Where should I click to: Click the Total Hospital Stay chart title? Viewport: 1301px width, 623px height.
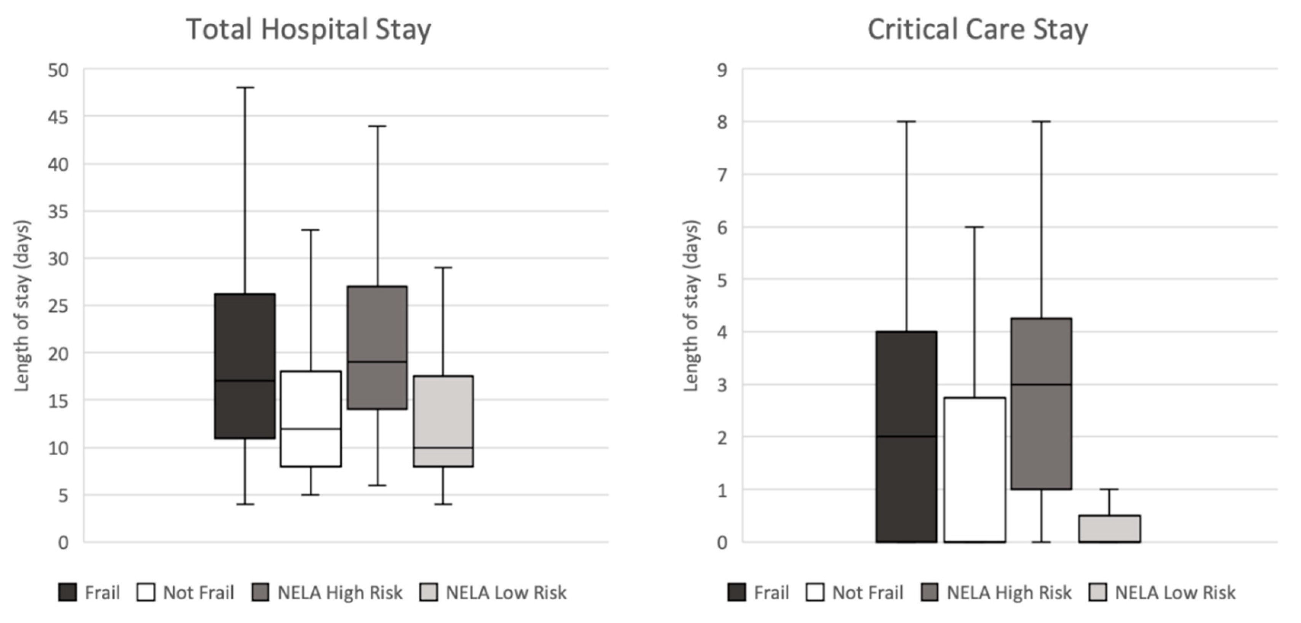tap(309, 29)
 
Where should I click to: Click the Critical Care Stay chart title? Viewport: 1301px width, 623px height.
tap(977, 29)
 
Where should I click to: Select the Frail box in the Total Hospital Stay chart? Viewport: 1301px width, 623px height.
tap(245, 366)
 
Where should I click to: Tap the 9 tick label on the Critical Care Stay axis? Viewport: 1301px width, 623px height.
tap(722, 70)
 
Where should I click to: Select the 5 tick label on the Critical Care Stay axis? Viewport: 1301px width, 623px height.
tap(722, 280)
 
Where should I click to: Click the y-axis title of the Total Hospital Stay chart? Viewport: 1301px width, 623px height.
tap(22, 306)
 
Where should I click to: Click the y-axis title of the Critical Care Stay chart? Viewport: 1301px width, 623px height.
tap(691, 306)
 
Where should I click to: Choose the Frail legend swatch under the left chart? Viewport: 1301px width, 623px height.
tap(68, 592)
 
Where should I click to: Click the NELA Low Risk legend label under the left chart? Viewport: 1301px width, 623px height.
tap(506, 592)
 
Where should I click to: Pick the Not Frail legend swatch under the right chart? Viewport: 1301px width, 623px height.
tap(815, 592)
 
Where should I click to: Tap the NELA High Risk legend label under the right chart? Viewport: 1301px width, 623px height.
tap(1008, 592)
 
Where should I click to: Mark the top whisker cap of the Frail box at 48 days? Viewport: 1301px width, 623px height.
tap(245, 87)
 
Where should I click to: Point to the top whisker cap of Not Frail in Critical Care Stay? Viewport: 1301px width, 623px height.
tap(974, 227)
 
